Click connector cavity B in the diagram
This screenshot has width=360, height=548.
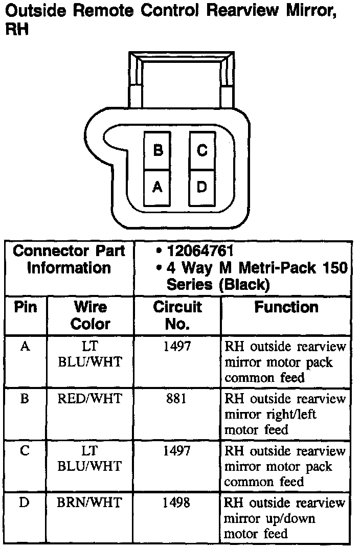tap(158, 151)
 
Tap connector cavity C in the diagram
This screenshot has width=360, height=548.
tap(202, 151)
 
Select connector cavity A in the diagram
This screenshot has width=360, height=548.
tap(158, 187)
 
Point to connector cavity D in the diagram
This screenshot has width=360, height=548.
tap(202, 187)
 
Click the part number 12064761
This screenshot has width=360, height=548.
tap(200, 251)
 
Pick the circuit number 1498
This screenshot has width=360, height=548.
tap(176, 503)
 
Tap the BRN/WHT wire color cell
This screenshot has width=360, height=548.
tap(90, 503)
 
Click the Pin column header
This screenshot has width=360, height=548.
tap(26, 308)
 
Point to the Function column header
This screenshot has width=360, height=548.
tap(286, 307)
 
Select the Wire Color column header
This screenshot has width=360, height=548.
tap(90, 315)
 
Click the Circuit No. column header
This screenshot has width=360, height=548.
tap(177, 315)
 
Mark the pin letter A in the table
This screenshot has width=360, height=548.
tap(25, 347)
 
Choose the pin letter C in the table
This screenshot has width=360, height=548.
tap(25, 451)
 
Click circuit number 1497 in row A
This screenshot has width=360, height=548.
tap(176, 347)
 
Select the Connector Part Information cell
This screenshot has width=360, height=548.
tap(69, 260)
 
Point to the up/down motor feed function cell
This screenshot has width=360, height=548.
tap(285, 518)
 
